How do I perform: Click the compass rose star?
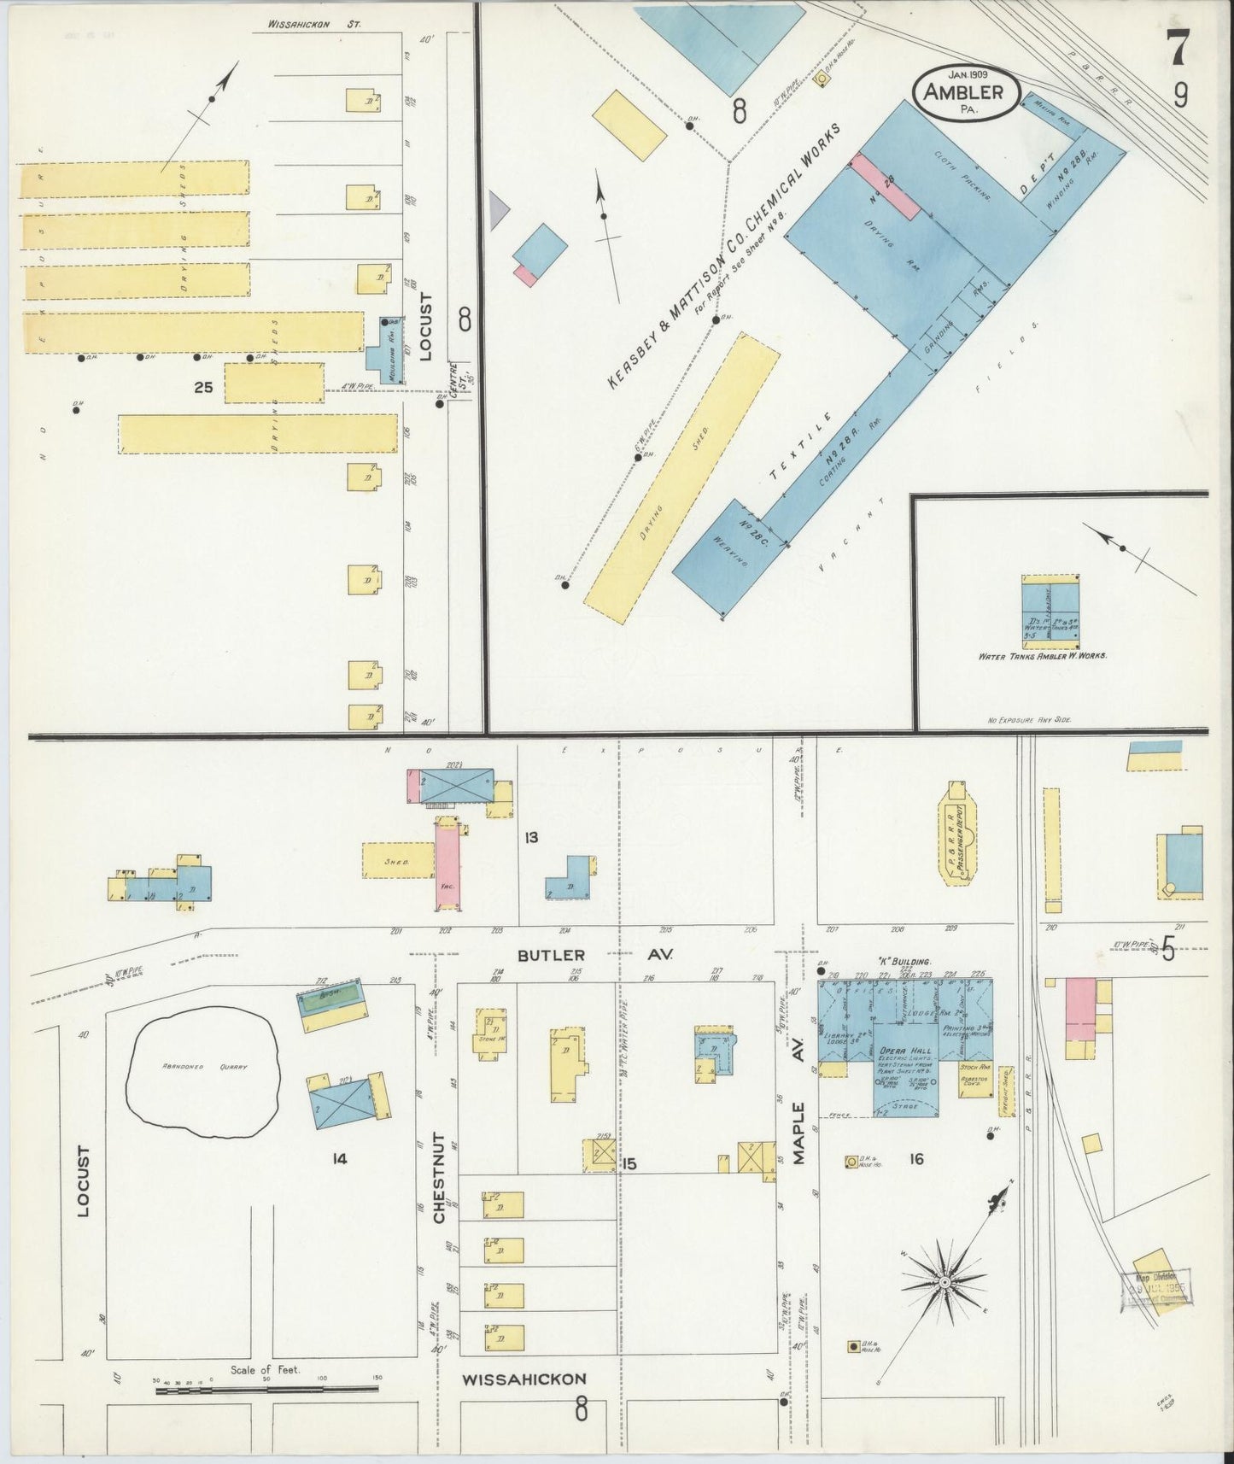[x=945, y=1284]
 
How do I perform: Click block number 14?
[x=340, y=1158]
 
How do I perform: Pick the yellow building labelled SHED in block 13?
[x=397, y=861]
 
